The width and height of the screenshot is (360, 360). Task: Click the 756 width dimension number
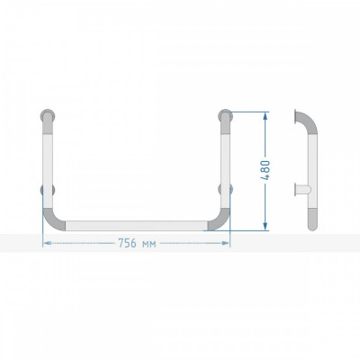[127, 243]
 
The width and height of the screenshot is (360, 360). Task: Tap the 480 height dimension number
[265, 170]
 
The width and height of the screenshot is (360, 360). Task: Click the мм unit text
[148, 244]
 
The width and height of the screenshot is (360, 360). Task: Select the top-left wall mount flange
[48, 116]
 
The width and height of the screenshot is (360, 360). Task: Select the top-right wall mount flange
[225, 116]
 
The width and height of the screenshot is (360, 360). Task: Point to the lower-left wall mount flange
[48, 190]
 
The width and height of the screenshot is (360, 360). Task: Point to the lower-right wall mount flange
[226, 190]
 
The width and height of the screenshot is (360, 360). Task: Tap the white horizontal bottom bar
[137, 226]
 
